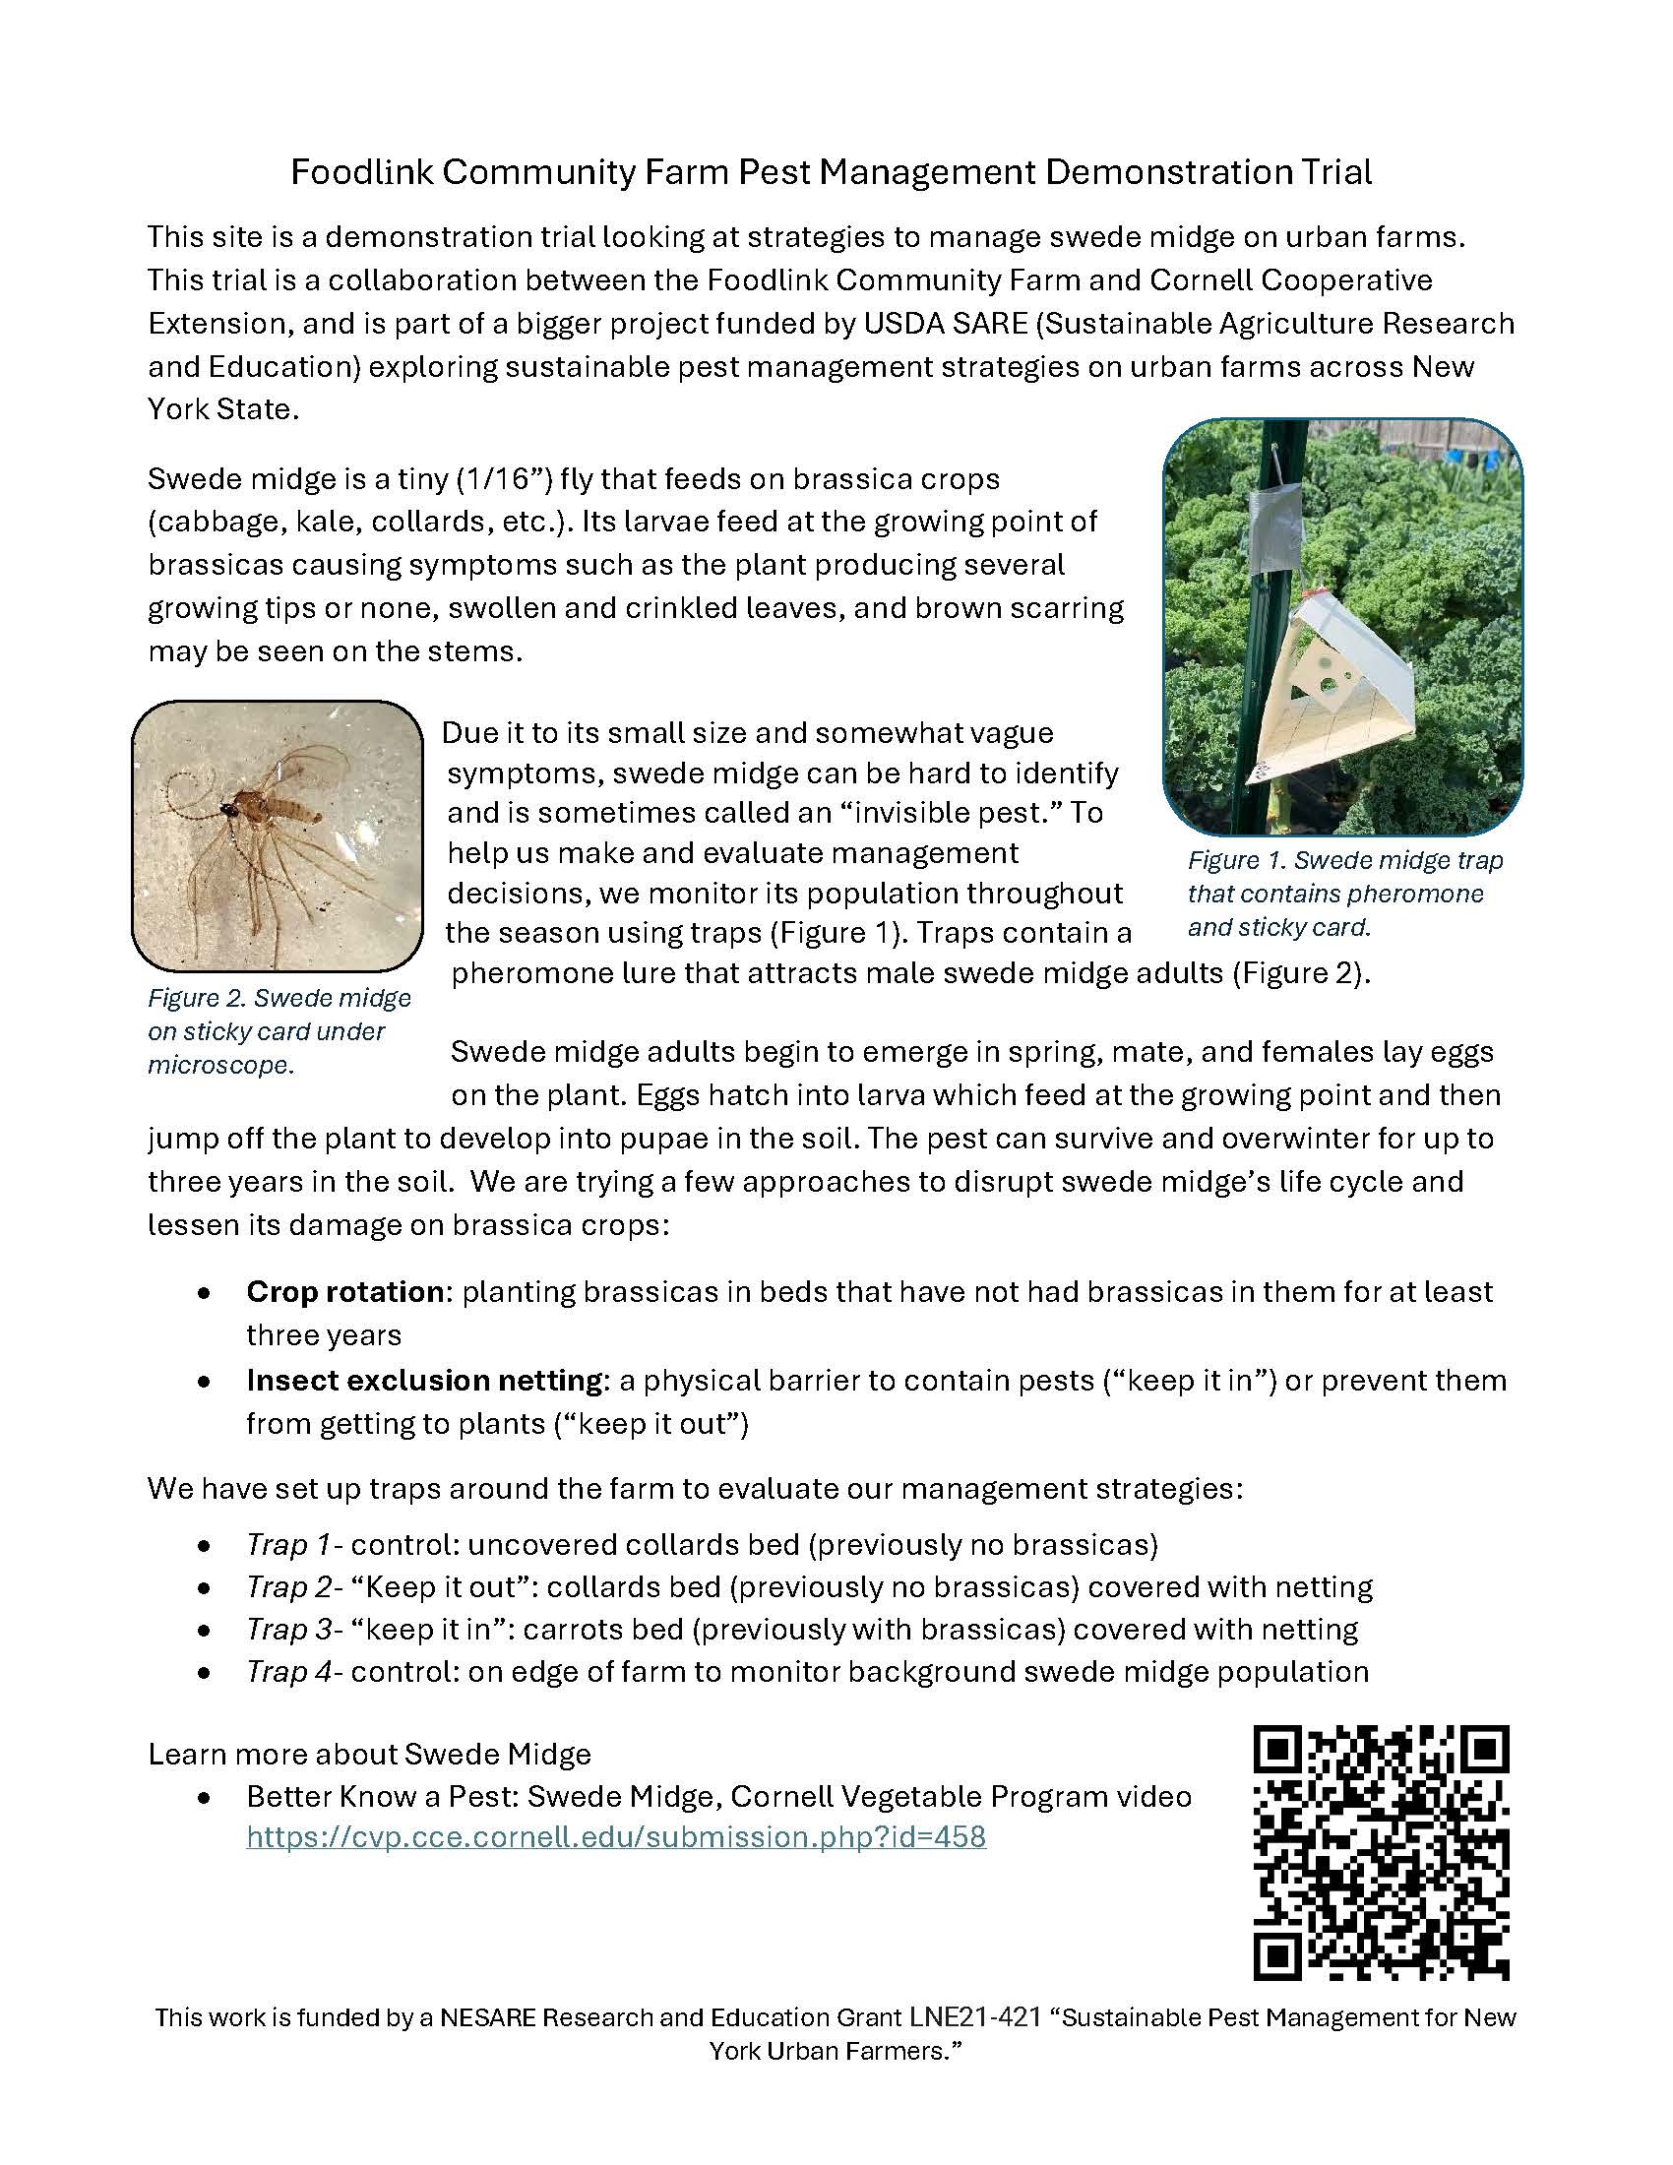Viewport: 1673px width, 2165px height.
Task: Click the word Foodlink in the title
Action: [361, 173]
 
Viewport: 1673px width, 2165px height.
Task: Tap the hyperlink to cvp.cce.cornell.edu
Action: [615, 1836]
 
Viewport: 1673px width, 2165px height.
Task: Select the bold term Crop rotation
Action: [343, 1292]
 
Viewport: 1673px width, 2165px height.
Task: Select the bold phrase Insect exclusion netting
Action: [424, 1380]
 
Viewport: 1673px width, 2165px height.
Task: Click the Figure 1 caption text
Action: [1344, 894]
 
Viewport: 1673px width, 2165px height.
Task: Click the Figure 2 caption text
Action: [279, 1031]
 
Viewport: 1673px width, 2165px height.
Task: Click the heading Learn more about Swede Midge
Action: [369, 1754]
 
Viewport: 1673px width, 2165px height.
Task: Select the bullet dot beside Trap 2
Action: [204, 1588]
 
